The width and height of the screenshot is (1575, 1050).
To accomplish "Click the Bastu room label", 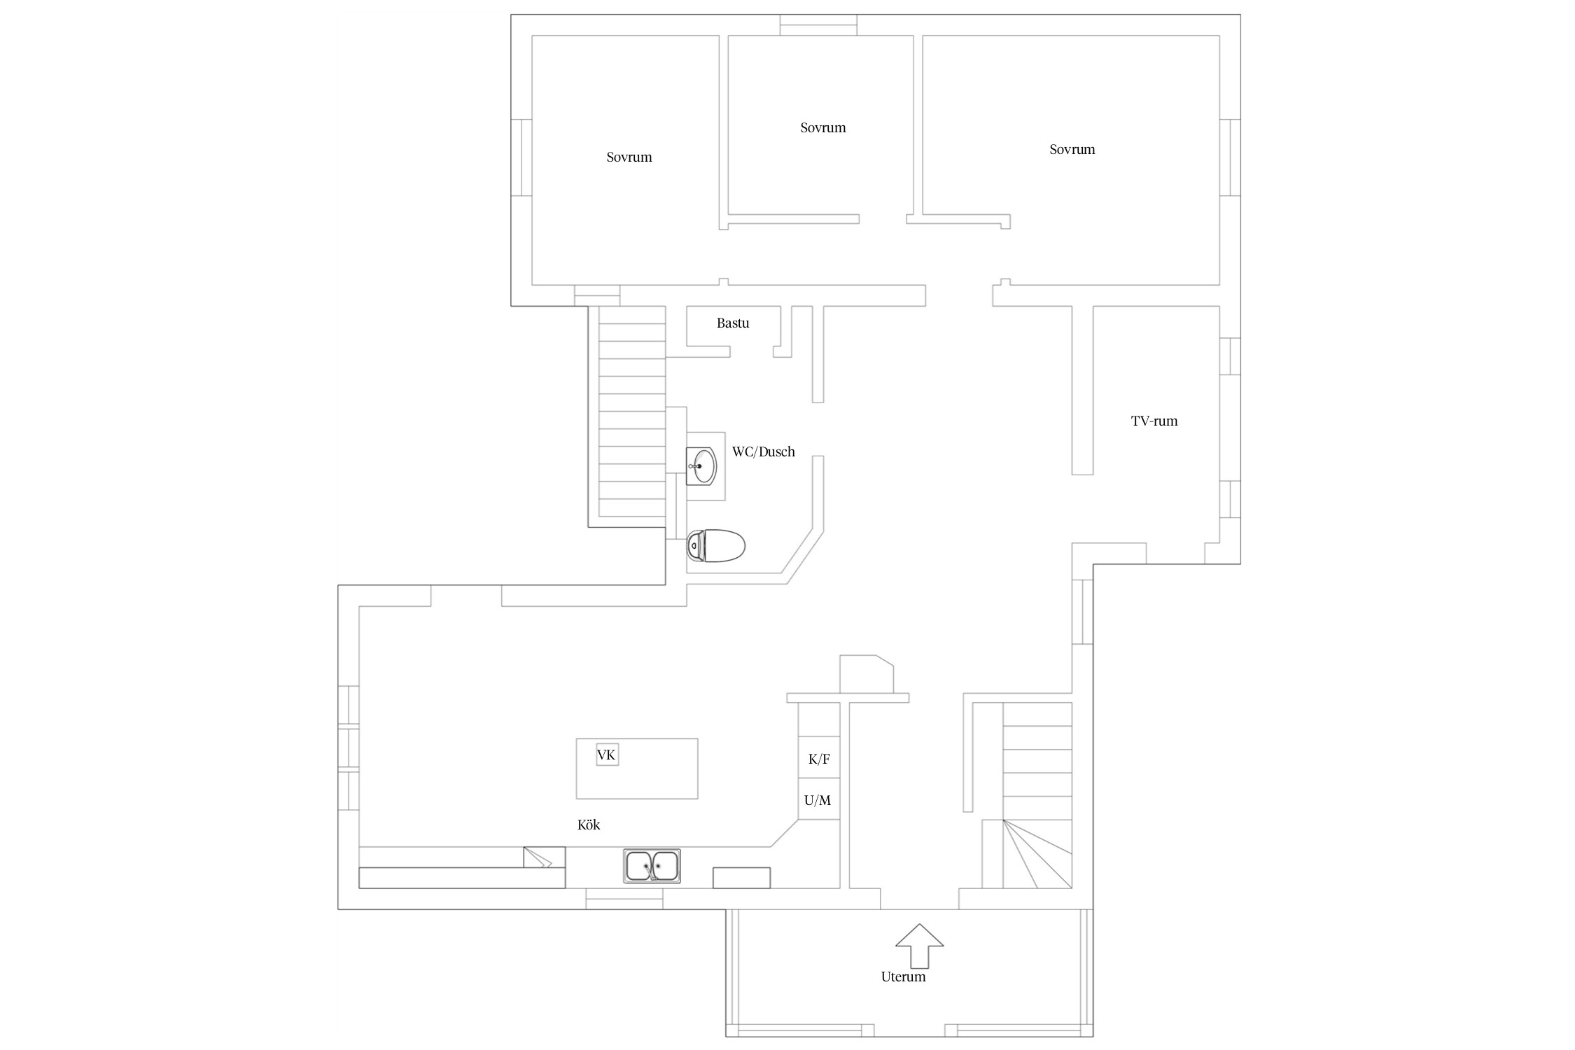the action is tap(733, 323).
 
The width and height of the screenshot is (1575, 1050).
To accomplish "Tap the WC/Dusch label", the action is tap(764, 451).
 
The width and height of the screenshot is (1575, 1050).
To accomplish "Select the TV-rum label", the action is tap(1154, 421).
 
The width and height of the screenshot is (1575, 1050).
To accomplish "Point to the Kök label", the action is tap(589, 825).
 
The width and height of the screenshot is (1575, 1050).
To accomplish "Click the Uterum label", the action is tap(903, 976).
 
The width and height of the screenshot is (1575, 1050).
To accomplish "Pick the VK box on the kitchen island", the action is tap(607, 755).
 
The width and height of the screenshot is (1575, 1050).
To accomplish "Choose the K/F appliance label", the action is tap(819, 759).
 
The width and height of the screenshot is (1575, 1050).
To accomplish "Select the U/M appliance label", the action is tap(818, 800).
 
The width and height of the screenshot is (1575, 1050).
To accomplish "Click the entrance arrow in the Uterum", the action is tap(920, 946).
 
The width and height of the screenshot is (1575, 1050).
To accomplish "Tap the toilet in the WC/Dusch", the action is tap(715, 546).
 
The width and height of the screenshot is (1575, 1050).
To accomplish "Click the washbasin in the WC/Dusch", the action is tap(701, 465).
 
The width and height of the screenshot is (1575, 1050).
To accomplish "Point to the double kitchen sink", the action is tap(652, 866).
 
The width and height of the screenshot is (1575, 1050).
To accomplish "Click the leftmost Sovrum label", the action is tap(629, 157).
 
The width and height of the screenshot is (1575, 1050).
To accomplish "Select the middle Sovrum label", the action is tap(823, 127).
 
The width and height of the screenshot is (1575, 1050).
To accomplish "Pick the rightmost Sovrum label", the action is tap(1072, 149).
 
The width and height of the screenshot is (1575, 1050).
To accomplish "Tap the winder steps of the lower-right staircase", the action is tap(1027, 853).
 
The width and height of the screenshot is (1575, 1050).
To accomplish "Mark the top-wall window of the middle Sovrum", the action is tap(819, 24).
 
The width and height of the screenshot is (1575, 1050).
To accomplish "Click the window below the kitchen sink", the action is tap(624, 899).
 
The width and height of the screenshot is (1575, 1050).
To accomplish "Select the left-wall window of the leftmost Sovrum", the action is tap(521, 157).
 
